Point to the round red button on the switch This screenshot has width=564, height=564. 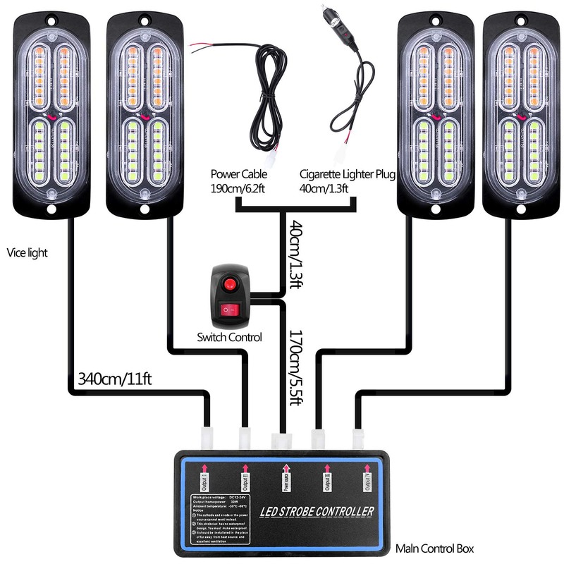[x=229, y=284]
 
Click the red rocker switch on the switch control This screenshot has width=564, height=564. [x=230, y=309]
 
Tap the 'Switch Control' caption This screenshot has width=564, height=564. [x=229, y=338]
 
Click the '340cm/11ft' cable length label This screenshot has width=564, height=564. [x=117, y=379]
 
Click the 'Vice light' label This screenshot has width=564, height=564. [x=27, y=252]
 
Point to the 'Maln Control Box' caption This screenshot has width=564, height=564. [x=435, y=548]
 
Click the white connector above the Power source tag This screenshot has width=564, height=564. [x=281, y=441]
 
